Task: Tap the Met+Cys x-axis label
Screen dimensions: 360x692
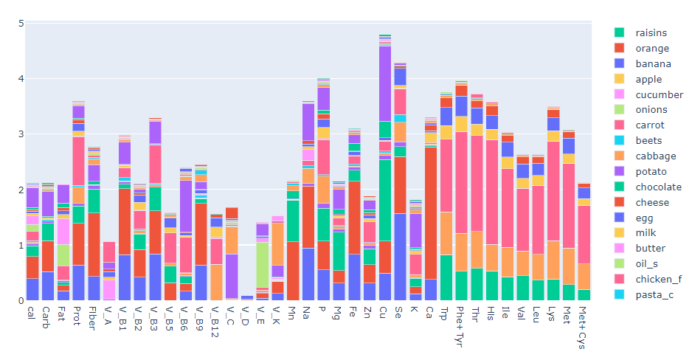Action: (x=584, y=324)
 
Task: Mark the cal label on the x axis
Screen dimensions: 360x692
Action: (x=32, y=313)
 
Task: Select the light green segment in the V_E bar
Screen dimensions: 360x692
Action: (x=262, y=265)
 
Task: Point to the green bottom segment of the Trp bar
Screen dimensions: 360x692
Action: (x=446, y=277)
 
